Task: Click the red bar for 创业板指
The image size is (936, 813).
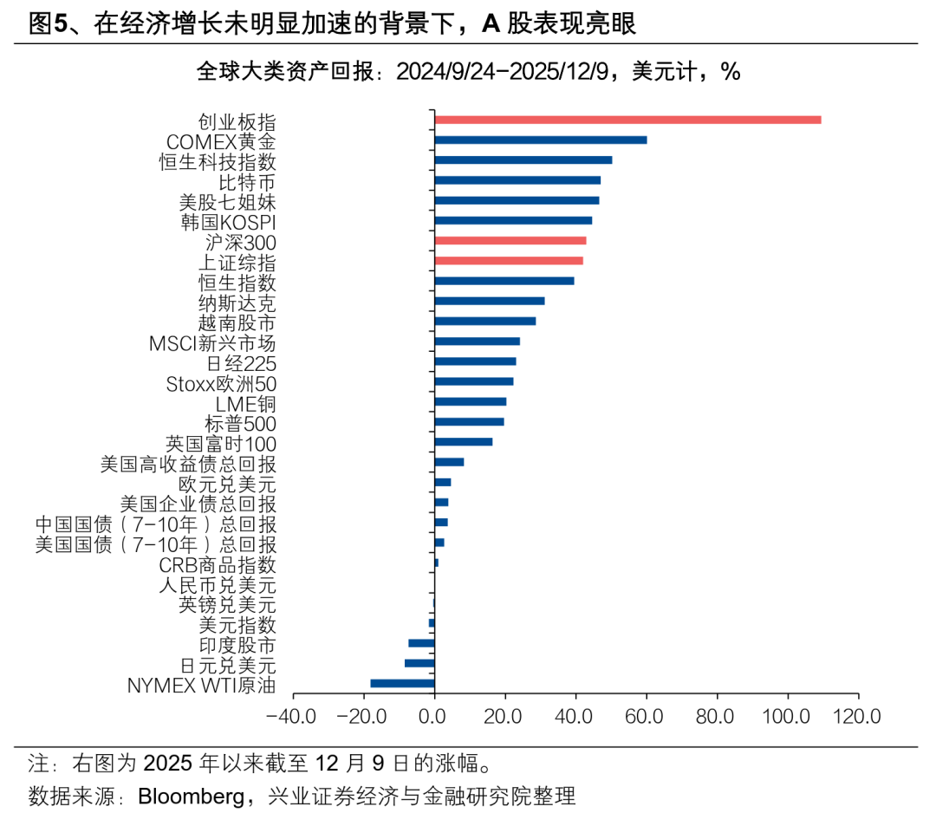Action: click(x=627, y=120)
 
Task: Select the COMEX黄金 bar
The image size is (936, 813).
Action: click(x=540, y=140)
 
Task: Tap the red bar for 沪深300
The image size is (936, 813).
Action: click(x=510, y=240)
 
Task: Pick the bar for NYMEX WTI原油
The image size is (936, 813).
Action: click(x=402, y=683)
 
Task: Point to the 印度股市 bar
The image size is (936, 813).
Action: click(x=421, y=643)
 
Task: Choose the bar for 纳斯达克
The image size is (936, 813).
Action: click(x=490, y=301)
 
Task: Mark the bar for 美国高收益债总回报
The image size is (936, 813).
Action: click(x=449, y=462)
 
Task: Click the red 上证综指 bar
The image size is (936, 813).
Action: click(x=508, y=260)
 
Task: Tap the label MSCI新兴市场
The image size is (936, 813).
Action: click(x=212, y=342)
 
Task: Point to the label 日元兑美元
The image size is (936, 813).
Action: click(x=228, y=665)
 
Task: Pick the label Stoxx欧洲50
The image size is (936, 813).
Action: click(x=220, y=382)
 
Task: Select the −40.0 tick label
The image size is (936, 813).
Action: click(x=291, y=717)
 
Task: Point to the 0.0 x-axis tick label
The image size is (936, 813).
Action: click(x=433, y=717)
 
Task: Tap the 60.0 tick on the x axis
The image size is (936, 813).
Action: click(x=646, y=717)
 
